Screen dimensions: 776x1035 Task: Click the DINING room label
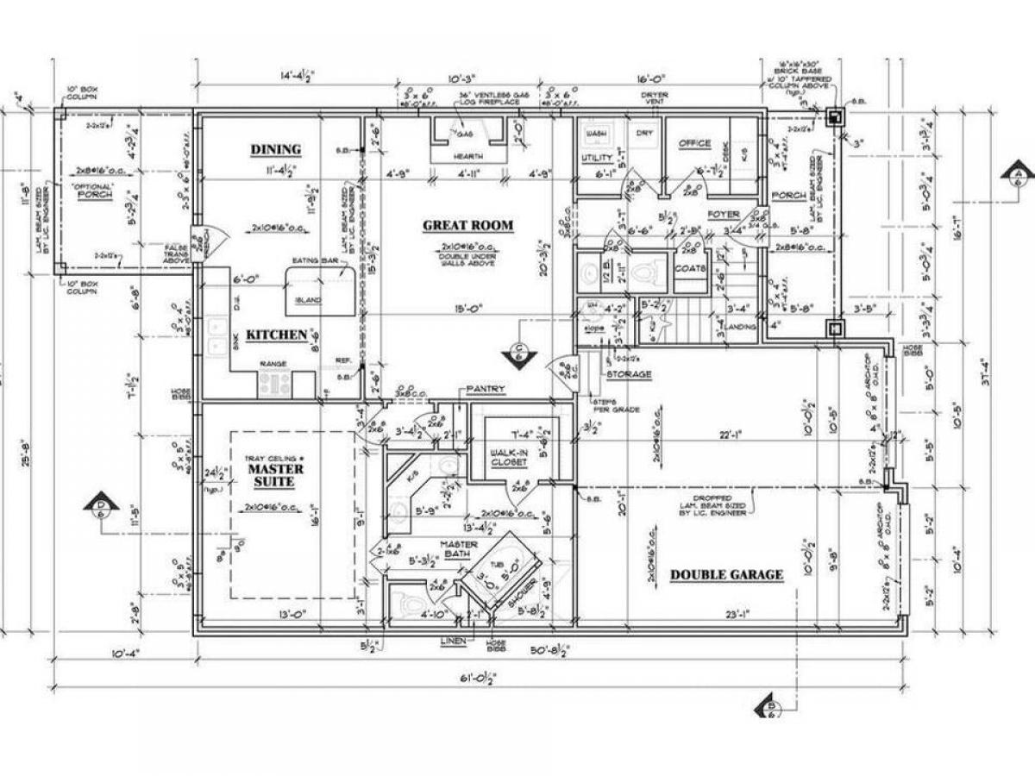tap(276, 149)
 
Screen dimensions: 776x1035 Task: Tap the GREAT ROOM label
tap(467, 226)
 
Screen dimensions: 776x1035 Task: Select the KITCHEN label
tap(276, 335)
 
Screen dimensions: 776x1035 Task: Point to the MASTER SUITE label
tap(276, 477)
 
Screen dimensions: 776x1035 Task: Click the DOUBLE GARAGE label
tap(726, 575)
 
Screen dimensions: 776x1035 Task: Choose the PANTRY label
tap(486, 390)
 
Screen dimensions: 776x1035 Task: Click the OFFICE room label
tap(694, 143)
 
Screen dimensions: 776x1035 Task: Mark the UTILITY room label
tap(596, 159)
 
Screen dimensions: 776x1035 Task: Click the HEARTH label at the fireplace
tap(467, 156)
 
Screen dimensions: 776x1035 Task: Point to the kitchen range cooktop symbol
tap(275, 385)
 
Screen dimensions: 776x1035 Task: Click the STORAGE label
tap(628, 375)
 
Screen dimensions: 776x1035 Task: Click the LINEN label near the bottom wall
tap(451, 641)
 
